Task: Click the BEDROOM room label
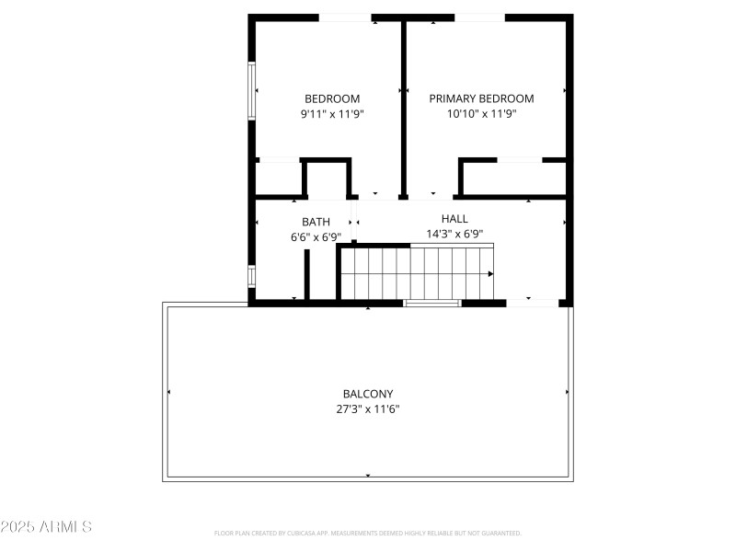pyautogui.click(x=332, y=98)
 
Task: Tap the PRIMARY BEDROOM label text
pyautogui.click(x=481, y=98)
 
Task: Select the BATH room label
pyautogui.click(x=316, y=222)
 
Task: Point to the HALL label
pyautogui.click(x=454, y=219)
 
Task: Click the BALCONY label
pyautogui.click(x=368, y=394)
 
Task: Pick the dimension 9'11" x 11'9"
pyautogui.click(x=332, y=114)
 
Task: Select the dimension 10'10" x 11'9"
pyautogui.click(x=481, y=114)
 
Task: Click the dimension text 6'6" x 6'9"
pyautogui.click(x=316, y=236)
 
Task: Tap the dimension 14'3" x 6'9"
pyautogui.click(x=454, y=234)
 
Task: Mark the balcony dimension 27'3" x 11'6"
pyautogui.click(x=368, y=408)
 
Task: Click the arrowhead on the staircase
pyautogui.click(x=490, y=273)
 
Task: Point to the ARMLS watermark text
pyautogui.click(x=46, y=527)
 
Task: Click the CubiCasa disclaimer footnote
pyautogui.click(x=368, y=533)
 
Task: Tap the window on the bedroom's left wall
pyautogui.click(x=250, y=90)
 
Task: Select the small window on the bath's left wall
pyautogui.click(x=250, y=275)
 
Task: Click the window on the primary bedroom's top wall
pyautogui.click(x=479, y=17)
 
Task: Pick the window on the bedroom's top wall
pyautogui.click(x=345, y=17)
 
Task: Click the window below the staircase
pyautogui.click(x=432, y=303)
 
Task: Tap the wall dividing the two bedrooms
pyautogui.click(x=403, y=106)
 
